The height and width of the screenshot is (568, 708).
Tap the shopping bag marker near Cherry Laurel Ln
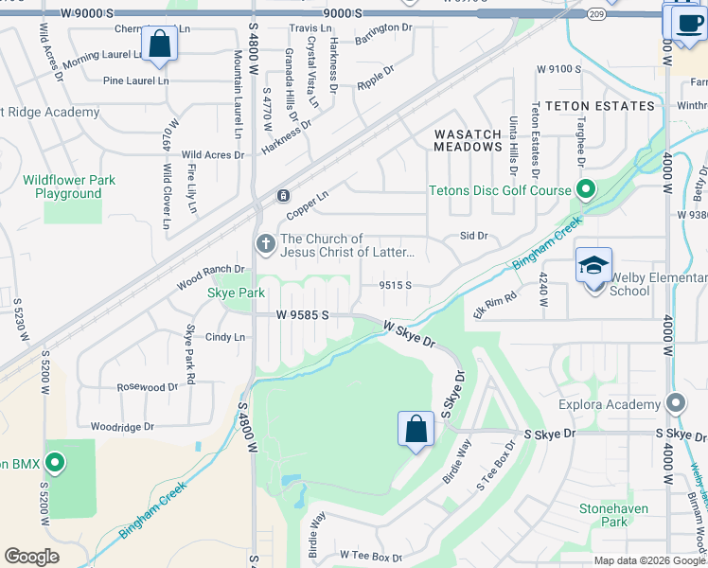coord(159,44)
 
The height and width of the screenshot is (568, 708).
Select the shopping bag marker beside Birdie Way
coord(416,430)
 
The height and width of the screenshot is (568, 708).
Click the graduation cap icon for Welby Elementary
coord(593,265)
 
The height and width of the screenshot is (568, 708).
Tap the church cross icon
coord(265,245)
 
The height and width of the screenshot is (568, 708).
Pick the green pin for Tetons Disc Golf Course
coord(587,190)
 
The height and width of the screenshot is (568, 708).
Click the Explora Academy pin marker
coord(676,404)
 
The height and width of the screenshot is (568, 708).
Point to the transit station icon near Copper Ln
coord(282,196)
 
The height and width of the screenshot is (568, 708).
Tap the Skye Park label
coord(236,293)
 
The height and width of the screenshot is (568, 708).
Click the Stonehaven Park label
coord(614,515)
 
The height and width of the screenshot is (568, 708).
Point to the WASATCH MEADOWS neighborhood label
coord(468,141)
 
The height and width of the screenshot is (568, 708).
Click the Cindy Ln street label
coord(225,337)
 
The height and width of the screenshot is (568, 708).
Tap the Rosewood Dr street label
coord(147,387)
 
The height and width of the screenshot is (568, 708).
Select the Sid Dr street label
coord(473,235)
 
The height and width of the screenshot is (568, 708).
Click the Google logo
coord(31,557)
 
